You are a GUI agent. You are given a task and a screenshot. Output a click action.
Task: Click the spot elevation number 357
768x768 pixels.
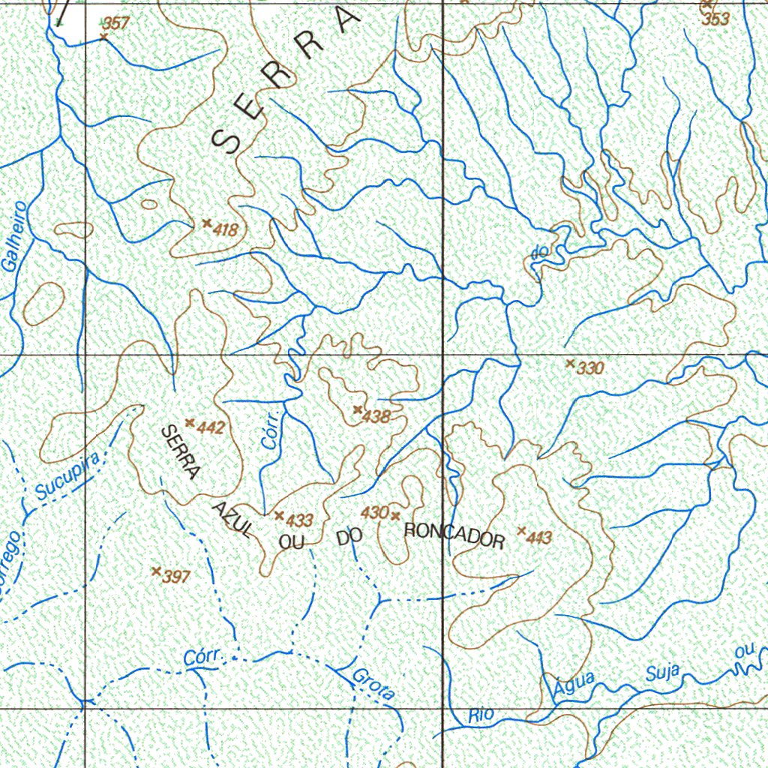pyautogui.click(x=118, y=22)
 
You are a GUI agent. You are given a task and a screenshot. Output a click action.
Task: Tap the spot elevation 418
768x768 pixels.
pyautogui.click(x=226, y=229)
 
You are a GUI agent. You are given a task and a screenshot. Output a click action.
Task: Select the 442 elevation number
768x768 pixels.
pyautogui.click(x=210, y=427)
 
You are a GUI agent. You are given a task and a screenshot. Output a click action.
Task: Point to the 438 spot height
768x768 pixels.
pyautogui.click(x=376, y=416)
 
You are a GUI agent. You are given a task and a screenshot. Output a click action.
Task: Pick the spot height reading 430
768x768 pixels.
pyautogui.click(x=374, y=513)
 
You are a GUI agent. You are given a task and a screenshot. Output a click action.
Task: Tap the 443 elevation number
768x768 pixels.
pyautogui.click(x=540, y=537)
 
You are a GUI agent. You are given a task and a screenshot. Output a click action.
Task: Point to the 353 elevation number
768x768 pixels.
pyautogui.click(x=716, y=19)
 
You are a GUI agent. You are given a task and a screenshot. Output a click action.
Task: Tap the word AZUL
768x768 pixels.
pyautogui.click(x=232, y=519)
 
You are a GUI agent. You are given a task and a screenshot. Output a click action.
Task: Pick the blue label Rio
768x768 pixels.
pyautogui.click(x=481, y=715)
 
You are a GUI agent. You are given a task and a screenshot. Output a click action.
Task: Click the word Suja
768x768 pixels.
pyautogui.click(x=662, y=672)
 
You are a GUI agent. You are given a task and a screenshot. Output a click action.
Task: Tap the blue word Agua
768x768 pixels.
pyautogui.click(x=574, y=683)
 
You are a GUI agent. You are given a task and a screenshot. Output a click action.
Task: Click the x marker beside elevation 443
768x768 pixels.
pyautogui.click(x=522, y=531)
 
